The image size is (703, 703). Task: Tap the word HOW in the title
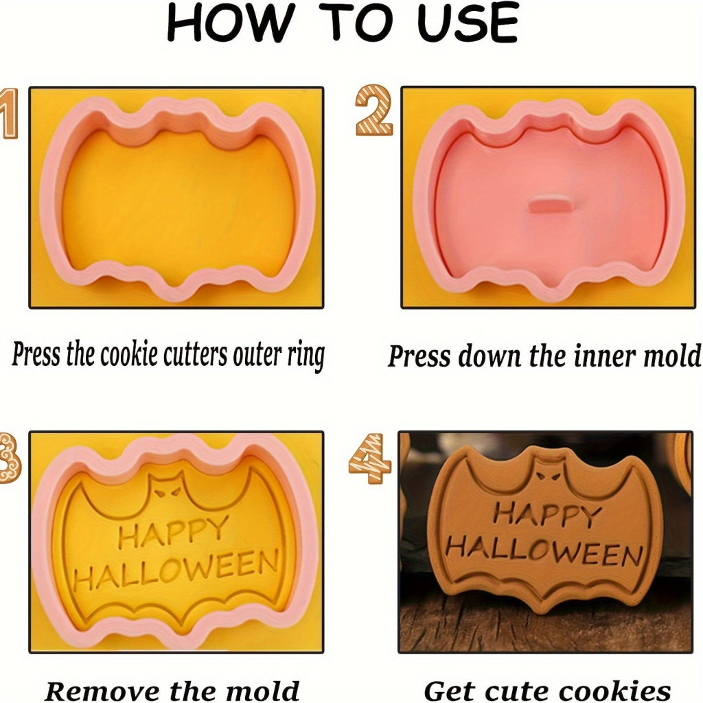[x=230, y=23]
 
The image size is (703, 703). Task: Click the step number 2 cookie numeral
[x=374, y=111]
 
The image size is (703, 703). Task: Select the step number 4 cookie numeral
[x=370, y=458]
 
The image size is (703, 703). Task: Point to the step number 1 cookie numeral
[x=9, y=113]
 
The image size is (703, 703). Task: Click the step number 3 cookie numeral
[x=9, y=458]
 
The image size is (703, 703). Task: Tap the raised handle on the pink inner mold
[x=551, y=203]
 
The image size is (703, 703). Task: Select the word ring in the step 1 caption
[x=306, y=356]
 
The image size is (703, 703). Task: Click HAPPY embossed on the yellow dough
[x=174, y=533]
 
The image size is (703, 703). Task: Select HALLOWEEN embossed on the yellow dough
[x=176, y=571]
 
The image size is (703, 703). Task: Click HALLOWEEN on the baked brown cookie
[x=544, y=551]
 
